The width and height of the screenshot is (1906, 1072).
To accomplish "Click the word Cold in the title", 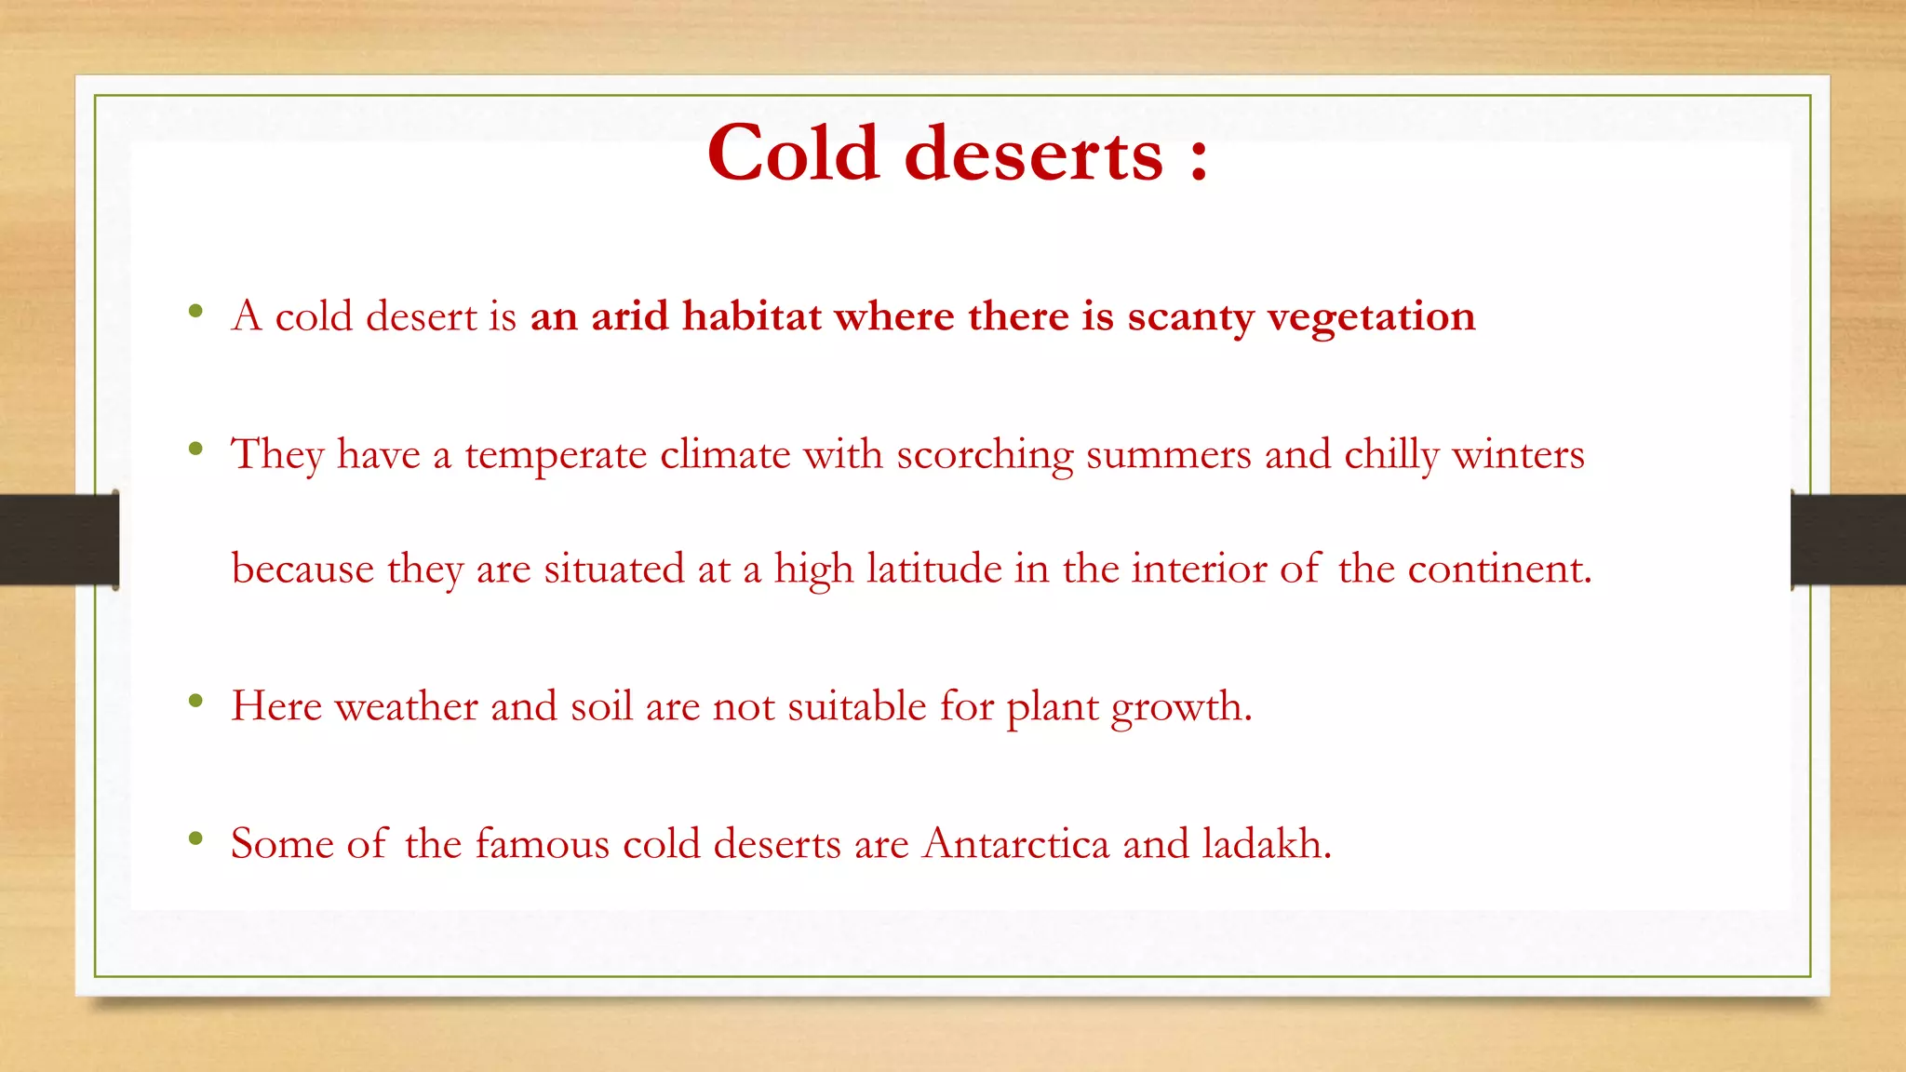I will [793, 154].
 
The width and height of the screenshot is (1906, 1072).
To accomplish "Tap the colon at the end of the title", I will [1199, 159].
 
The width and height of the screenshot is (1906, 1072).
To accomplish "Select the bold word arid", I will [629, 316].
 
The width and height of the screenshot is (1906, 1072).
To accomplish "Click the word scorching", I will [985, 456].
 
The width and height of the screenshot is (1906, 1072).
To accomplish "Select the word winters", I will [1518, 455].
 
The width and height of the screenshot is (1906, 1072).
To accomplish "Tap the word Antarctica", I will [1016, 844].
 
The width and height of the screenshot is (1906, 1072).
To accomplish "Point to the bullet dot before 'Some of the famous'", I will [195, 839].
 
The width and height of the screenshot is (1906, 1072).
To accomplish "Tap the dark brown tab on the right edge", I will [1848, 540].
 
